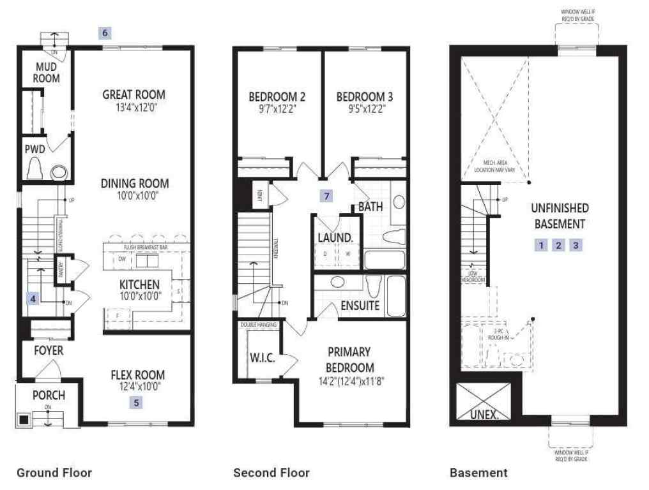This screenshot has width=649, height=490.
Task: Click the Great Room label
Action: (134, 94)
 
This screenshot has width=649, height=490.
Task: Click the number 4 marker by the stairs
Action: (33, 297)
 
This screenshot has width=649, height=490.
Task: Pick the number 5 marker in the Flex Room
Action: (135, 402)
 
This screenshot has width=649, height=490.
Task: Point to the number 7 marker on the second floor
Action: (326, 196)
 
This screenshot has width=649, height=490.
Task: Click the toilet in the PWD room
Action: (34, 170)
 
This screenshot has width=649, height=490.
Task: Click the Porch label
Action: (49, 395)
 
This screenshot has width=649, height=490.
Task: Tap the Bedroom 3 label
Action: (364, 97)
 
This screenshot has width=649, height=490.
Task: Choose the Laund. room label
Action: (335, 237)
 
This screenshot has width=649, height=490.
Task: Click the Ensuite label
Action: (360, 306)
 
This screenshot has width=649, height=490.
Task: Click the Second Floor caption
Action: (271, 473)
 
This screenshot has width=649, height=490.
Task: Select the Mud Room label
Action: (47, 72)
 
